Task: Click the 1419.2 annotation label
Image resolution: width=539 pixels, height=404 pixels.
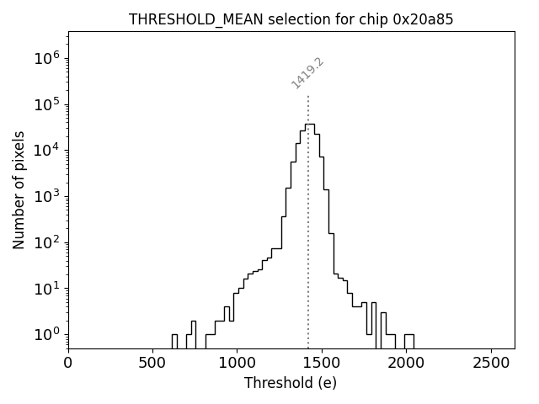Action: (307, 73)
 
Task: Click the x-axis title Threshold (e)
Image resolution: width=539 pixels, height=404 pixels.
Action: (291, 383)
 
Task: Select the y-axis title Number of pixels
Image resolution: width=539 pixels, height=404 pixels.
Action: (19, 189)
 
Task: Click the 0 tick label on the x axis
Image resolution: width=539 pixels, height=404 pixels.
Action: (68, 363)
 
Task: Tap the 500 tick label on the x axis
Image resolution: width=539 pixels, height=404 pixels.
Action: (152, 363)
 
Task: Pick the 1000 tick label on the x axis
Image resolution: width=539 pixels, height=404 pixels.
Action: (237, 363)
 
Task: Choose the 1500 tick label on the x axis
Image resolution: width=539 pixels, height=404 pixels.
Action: (321, 363)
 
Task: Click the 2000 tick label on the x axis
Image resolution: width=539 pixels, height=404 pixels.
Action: (405, 363)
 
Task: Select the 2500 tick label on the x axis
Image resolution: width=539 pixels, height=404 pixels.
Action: (489, 363)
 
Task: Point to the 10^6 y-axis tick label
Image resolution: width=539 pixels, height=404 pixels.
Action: (46, 58)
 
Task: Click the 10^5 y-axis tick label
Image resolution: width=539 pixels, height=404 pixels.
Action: (46, 104)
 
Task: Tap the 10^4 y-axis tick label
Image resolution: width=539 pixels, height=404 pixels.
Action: (46, 150)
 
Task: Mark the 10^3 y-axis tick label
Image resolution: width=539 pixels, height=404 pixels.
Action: (46, 196)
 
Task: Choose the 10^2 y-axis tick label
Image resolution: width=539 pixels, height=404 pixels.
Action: (46, 242)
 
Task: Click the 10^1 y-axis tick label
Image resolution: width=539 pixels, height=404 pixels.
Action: (46, 288)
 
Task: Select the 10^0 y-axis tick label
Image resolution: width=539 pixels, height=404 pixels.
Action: (46, 334)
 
